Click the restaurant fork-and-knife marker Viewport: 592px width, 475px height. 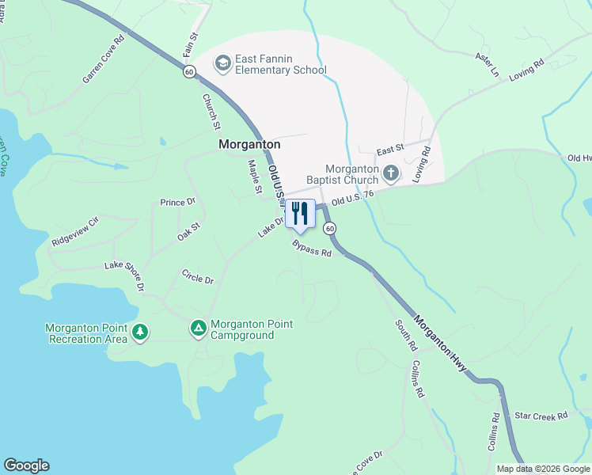click(x=299, y=214)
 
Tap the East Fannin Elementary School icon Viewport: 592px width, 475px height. click(x=223, y=63)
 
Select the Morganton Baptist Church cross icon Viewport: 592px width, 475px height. click(x=390, y=173)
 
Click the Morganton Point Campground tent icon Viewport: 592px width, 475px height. click(x=198, y=327)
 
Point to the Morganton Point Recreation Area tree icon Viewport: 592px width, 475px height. click(x=140, y=332)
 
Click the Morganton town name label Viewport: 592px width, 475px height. click(x=249, y=145)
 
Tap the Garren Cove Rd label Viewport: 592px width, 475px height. click(x=104, y=59)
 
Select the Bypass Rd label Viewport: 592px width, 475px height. click(x=311, y=250)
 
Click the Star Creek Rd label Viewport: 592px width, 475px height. click(x=541, y=415)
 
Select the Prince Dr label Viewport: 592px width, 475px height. click(x=177, y=203)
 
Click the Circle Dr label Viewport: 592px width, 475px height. click(x=198, y=279)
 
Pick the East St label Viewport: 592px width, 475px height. click(x=390, y=149)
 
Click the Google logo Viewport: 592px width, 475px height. click(x=26, y=465)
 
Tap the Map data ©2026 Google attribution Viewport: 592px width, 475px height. click(x=543, y=469)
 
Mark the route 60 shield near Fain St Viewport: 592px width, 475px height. click(x=188, y=71)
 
